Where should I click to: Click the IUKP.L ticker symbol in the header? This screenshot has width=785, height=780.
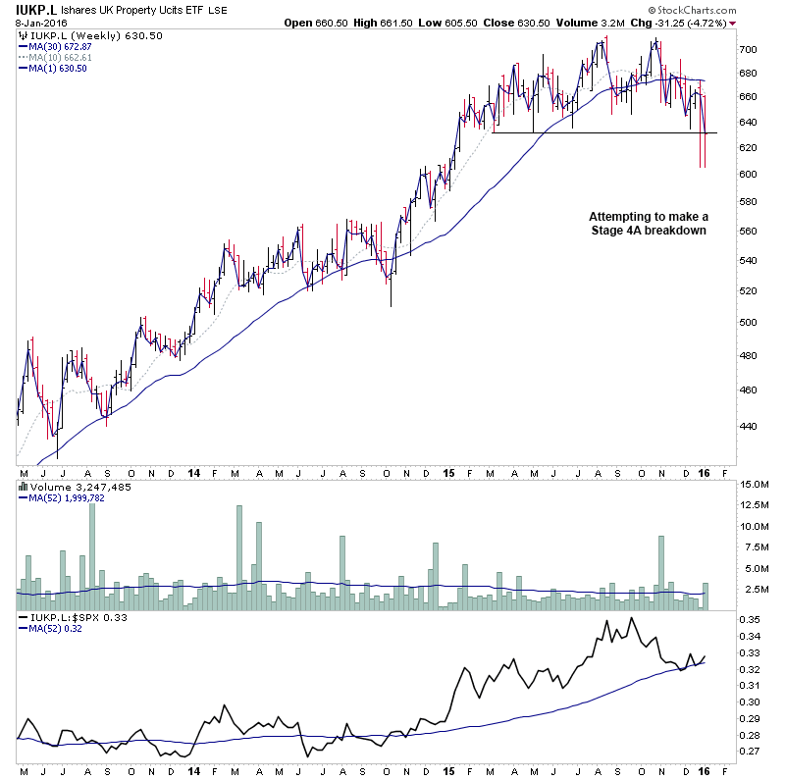tap(34, 10)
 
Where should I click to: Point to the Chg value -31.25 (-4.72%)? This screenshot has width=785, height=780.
tap(693, 23)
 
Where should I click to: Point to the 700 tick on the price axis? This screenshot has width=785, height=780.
tap(749, 49)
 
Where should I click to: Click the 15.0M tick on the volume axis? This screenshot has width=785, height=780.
tap(753, 485)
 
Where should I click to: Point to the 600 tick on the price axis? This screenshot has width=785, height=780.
tap(749, 174)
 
